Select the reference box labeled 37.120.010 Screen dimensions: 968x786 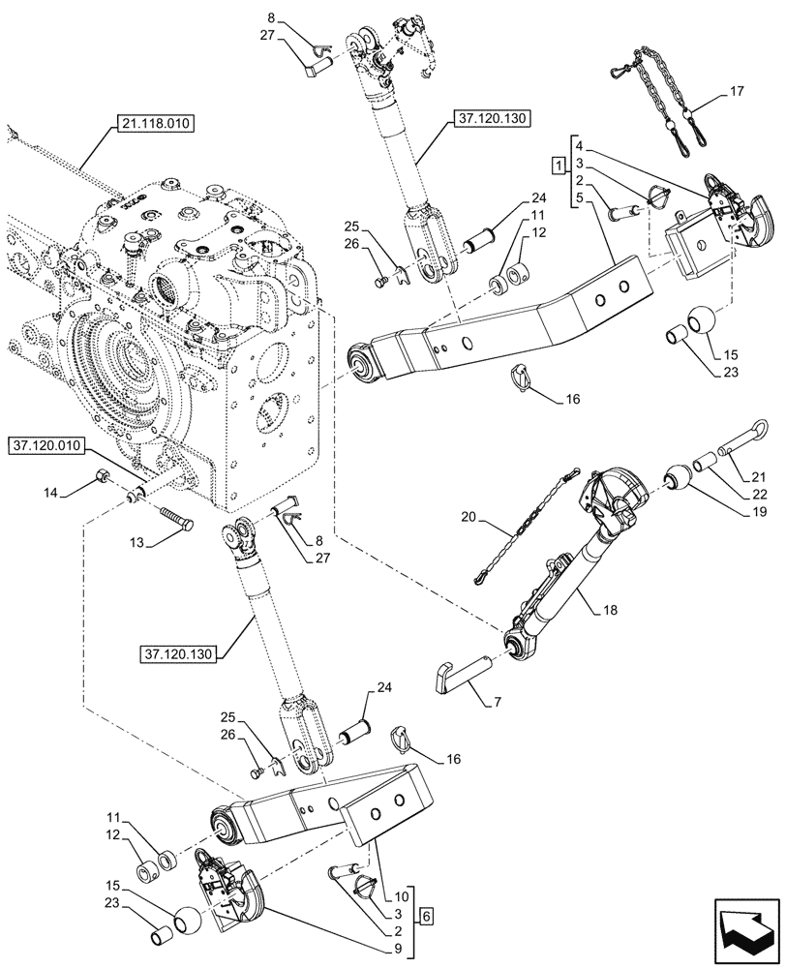[48, 446]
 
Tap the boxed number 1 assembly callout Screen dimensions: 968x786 [558, 166]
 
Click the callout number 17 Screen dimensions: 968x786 [737, 94]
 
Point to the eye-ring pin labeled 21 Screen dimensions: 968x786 [741, 437]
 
